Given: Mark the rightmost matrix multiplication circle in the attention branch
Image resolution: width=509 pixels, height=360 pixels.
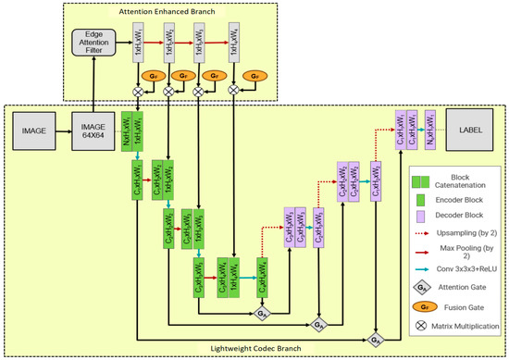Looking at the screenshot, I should (x=233, y=91).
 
